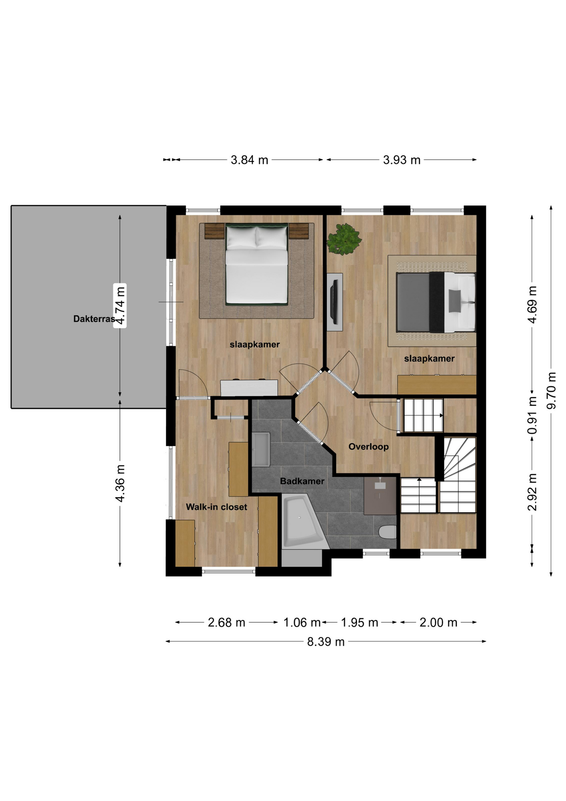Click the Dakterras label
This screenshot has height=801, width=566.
tap(94, 319)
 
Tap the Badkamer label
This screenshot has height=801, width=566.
tap(302, 481)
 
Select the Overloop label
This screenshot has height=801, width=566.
tap(368, 447)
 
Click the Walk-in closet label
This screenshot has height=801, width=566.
tap(216, 507)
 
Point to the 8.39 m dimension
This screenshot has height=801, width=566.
tap(326, 642)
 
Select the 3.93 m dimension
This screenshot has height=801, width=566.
tap(402, 160)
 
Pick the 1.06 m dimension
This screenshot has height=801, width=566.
tap(302, 622)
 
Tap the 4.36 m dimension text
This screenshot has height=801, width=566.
tap(120, 484)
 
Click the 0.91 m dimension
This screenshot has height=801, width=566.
tap(532, 415)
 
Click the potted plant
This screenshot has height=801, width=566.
tap(344, 239)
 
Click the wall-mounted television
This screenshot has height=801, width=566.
tap(334, 302)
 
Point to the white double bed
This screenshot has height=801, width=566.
tap(257, 264)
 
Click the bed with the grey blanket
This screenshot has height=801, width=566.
tap(436, 302)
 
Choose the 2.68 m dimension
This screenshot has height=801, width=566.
tap(227, 622)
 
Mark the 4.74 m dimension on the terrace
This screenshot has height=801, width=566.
tap(120, 305)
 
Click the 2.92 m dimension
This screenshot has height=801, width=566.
tap(532, 492)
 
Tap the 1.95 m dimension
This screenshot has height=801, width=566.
tap(360, 622)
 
